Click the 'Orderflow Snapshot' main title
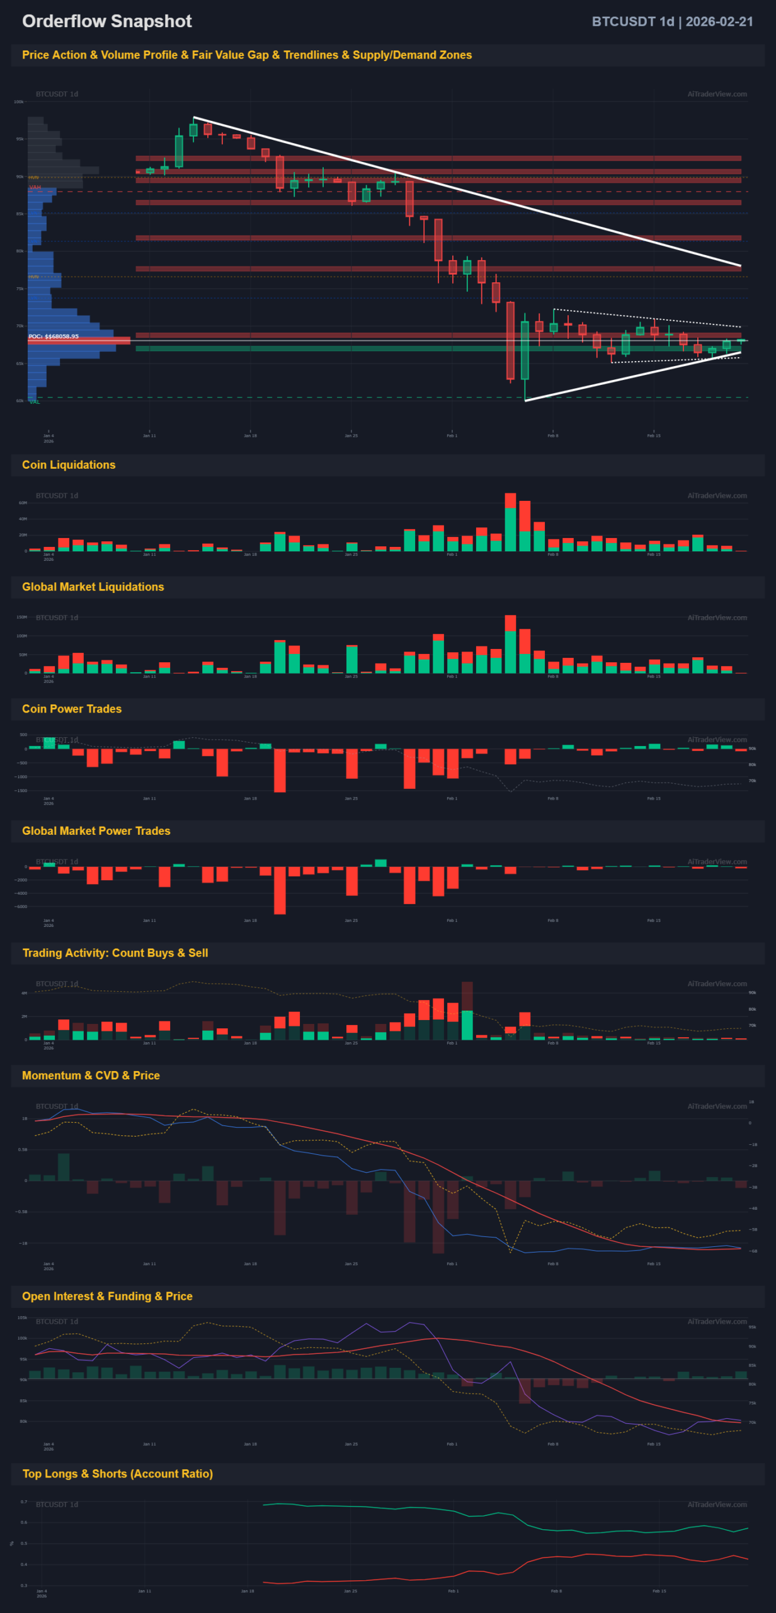106,21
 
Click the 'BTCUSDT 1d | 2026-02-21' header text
672,21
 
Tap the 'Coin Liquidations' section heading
69,465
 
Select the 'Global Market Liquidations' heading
93,587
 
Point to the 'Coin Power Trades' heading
72,709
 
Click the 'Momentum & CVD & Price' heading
91,1076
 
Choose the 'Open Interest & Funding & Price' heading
107,1296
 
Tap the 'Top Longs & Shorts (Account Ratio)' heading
118,1474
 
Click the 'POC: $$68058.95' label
54,336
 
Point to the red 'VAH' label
35,187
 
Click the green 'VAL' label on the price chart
34,402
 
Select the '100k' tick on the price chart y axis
19,101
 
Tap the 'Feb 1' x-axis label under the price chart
452,435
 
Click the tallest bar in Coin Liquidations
510,523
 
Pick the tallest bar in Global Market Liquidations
510,645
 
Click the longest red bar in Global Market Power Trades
280,890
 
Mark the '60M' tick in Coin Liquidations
23,503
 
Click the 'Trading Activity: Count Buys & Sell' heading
115,953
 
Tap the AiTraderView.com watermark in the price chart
717,94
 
